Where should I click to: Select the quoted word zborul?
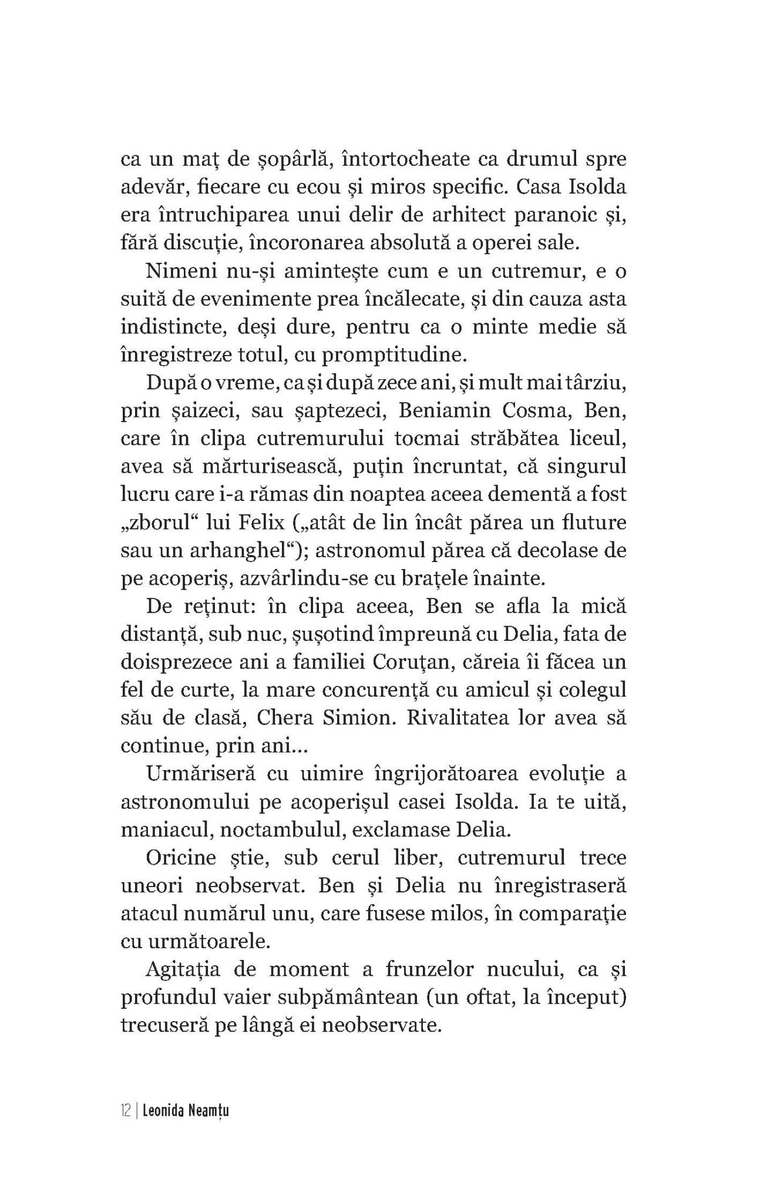pos(159,522)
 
